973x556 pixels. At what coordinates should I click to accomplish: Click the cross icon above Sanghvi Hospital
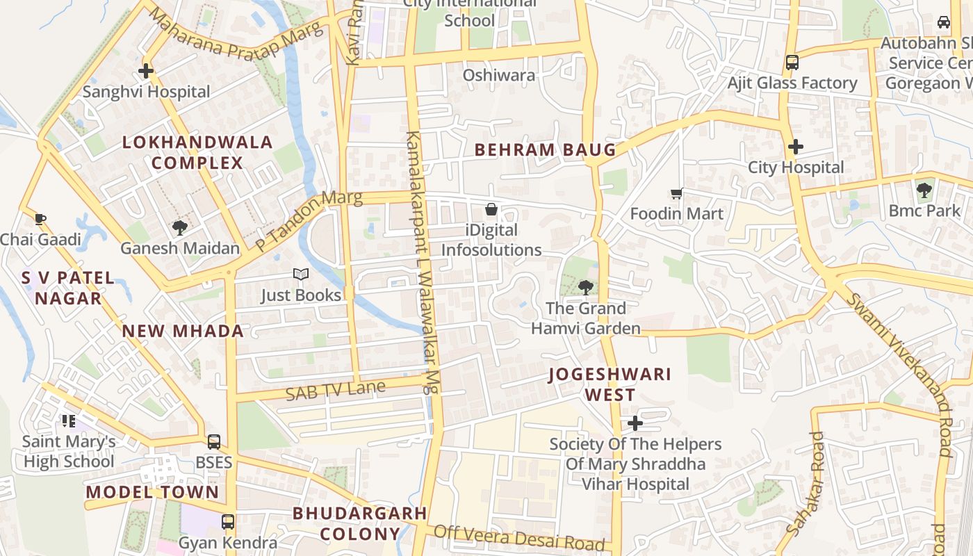[x=146, y=71]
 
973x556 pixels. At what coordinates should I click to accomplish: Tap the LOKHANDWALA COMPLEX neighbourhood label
[x=197, y=153]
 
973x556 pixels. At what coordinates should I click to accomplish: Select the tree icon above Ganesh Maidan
[x=180, y=227]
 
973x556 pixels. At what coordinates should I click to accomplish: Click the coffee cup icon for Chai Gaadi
[x=40, y=220]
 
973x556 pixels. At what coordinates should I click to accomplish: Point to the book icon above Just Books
[x=300, y=275]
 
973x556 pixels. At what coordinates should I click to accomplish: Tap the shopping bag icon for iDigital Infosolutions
[x=491, y=209]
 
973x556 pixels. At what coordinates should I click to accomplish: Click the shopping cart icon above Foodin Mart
[x=676, y=193]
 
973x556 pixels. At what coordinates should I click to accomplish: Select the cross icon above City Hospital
[x=796, y=147]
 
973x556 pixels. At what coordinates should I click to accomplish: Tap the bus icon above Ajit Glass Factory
[x=792, y=63]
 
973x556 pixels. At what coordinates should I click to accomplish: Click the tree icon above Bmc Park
[x=924, y=190]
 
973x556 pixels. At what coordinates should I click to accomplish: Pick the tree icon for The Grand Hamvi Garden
[x=585, y=287]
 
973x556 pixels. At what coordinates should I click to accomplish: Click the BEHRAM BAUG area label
[x=545, y=149]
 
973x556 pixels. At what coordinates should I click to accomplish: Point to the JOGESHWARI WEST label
[x=610, y=384]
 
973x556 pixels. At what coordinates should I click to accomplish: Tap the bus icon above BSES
[x=214, y=442]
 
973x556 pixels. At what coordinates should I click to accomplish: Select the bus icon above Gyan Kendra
[x=228, y=522]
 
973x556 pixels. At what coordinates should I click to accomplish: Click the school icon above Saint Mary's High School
[x=68, y=420]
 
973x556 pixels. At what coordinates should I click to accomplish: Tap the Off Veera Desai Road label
[x=518, y=537]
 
